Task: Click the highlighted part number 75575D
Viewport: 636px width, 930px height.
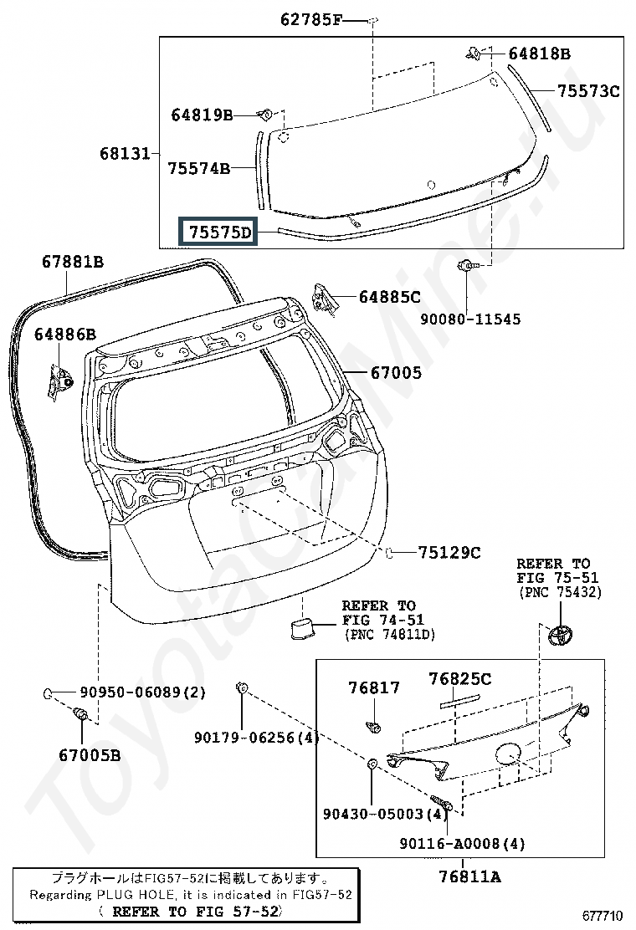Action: click(219, 232)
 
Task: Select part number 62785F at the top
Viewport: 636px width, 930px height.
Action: click(311, 21)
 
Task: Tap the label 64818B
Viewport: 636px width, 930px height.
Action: click(539, 54)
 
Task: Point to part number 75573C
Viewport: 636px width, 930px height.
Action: click(588, 91)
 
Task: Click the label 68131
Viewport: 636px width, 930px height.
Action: click(125, 154)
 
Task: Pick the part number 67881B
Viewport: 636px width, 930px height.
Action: click(72, 262)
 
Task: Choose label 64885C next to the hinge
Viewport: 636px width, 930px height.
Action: click(390, 297)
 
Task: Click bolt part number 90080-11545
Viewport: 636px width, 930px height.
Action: click(470, 319)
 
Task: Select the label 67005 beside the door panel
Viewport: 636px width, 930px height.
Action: click(396, 373)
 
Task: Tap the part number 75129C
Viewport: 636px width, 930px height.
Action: click(449, 553)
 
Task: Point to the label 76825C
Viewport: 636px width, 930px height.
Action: click(459, 679)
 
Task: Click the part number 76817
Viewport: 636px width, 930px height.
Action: click(374, 688)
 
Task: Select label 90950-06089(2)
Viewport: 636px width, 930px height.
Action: click(142, 692)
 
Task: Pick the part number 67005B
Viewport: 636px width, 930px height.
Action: click(90, 756)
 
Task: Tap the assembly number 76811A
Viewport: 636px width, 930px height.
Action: click(469, 876)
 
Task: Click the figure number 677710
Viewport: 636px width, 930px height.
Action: click(602, 917)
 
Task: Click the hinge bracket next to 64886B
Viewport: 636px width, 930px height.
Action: click(60, 382)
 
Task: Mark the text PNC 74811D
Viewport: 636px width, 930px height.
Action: click(390, 635)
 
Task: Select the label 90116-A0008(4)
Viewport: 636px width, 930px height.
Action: click(462, 843)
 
